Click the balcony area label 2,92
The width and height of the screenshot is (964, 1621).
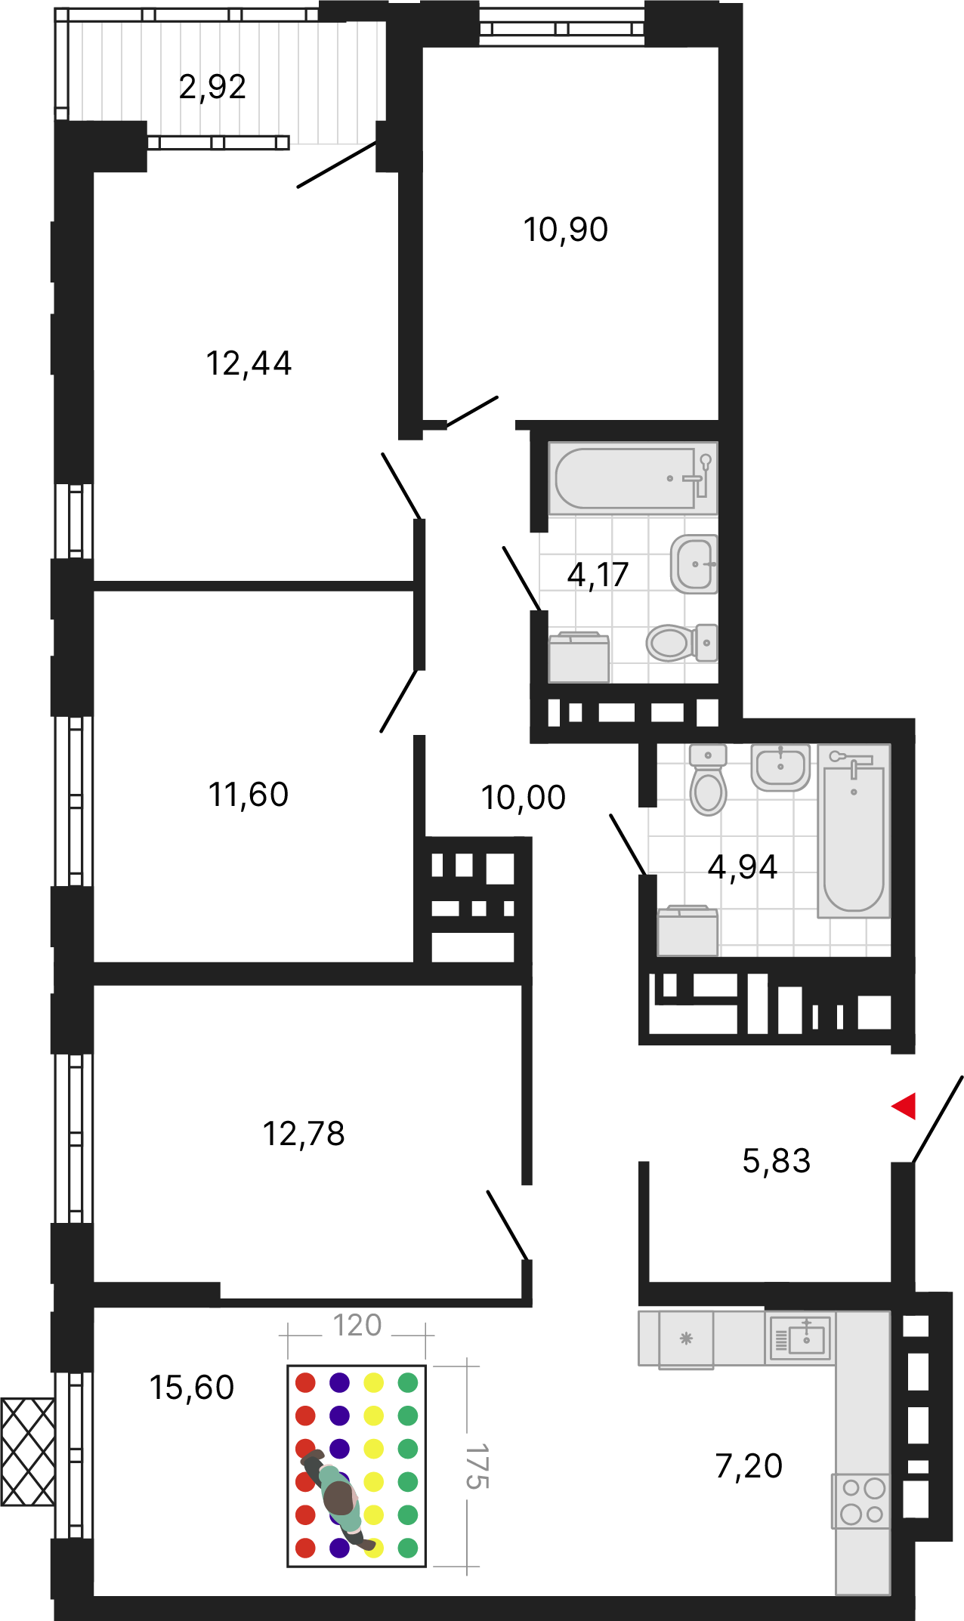(x=212, y=87)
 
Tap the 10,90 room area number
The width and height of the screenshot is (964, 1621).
(x=566, y=230)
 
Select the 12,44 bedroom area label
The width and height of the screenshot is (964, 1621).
(x=249, y=363)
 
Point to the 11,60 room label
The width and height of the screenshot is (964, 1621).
(x=249, y=795)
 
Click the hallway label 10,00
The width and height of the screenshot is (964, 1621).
(x=524, y=798)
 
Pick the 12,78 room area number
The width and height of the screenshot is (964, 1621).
(x=304, y=1134)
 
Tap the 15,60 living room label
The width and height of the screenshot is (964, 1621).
(x=192, y=1388)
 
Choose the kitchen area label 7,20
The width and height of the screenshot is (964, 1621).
(x=749, y=1466)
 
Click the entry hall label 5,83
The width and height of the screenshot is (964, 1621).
(x=777, y=1161)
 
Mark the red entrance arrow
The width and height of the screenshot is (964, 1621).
(x=904, y=1106)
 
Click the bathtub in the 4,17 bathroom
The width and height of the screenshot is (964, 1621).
(x=633, y=478)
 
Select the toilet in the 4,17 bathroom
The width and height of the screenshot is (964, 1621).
(x=682, y=643)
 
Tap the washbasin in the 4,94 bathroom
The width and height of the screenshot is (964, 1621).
(x=780, y=767)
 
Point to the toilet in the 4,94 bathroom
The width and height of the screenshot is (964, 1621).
(x=708, y=780)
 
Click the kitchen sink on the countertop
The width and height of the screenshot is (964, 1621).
(x=800, y=1338)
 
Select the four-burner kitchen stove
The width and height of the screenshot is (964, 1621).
(x=861, y=1501)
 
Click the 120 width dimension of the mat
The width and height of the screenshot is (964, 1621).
(x=357, y=1325)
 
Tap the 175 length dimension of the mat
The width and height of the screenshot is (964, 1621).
(x=477, y=1466)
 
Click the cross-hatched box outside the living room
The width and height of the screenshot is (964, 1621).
(x=28, y=1451)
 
